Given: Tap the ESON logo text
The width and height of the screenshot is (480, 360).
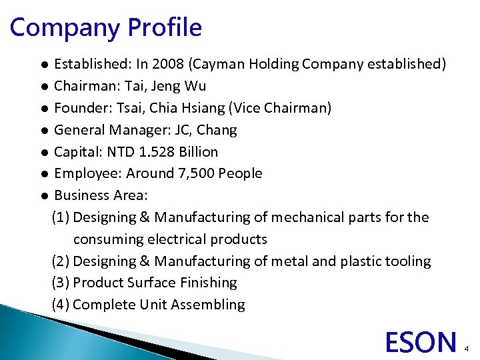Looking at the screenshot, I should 421,341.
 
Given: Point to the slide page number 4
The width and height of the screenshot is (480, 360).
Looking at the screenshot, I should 467,348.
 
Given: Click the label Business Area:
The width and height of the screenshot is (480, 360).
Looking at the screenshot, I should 101,195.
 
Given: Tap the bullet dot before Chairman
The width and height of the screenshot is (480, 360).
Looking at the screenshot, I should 42,87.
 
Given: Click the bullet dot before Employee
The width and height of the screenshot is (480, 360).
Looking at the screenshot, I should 42,174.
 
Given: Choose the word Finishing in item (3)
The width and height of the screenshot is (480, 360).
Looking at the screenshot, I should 208,283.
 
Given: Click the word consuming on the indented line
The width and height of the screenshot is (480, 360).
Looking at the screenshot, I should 107,239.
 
